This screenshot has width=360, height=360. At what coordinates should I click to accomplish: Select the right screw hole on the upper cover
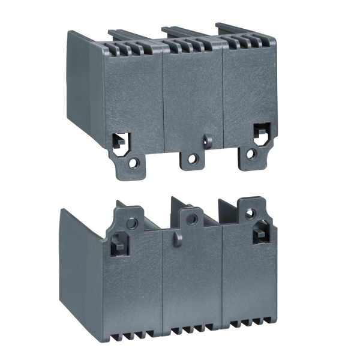(x=251, y=154)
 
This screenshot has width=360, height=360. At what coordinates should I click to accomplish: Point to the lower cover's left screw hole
(x=132, y=223)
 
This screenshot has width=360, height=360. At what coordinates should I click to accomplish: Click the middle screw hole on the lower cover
(x=191, y=220)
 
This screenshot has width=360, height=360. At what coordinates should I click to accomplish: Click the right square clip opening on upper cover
(x=261, y=131)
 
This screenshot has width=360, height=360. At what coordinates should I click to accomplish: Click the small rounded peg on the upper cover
(x=208, y=140)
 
